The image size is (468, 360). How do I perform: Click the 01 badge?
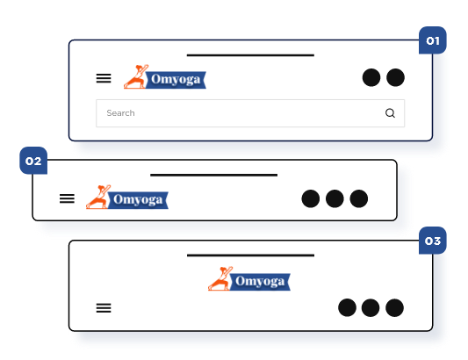pyautogui.click(x=433, y=40)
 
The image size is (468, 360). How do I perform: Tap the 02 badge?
pyautogui.click(x=33, y=161)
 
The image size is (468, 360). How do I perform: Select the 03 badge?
pyautogui.click(x=433, y=241)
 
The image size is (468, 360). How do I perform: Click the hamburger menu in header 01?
pyautogui.click(x=104, y=78)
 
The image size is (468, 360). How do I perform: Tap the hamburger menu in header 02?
pyautogui.click(x=67, y=198)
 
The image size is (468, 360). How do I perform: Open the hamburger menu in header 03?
pyautogui.click(x=104, y=308)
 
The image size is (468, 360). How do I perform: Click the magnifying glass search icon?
pyautogui.click(x=390, y=113)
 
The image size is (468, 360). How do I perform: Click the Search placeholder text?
pyautogui.click(x=120, y=113)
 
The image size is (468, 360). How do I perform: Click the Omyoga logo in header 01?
pyautogui.click(x=165, y=76)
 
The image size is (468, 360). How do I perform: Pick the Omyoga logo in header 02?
pyautogui.click(x=127, y=197)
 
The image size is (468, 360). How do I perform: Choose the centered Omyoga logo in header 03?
pyautogui.click(x=249, y=278)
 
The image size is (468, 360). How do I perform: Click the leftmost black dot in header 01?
pyautogui.click(x=371, y=77)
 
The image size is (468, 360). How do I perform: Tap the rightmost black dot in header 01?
pyautogui.click(x=395, y=77)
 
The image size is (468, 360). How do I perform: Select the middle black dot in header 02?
pyautogui.click(x=335, y=198)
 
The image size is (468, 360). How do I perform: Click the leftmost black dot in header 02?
pyautogui.click(x=311, y=198)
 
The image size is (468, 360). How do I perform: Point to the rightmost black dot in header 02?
pyautogui.click(x=359, y=198)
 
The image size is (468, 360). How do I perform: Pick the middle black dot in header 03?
pyautogui.click(x=371, y=307)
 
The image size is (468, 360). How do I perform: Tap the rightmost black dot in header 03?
pyautogui.click(x=394, y=307)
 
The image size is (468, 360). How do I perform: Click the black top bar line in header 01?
pyautogui.click(x=250, y=55)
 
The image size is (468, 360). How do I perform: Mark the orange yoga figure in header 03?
pyautogui.click(x=220, y=278)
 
